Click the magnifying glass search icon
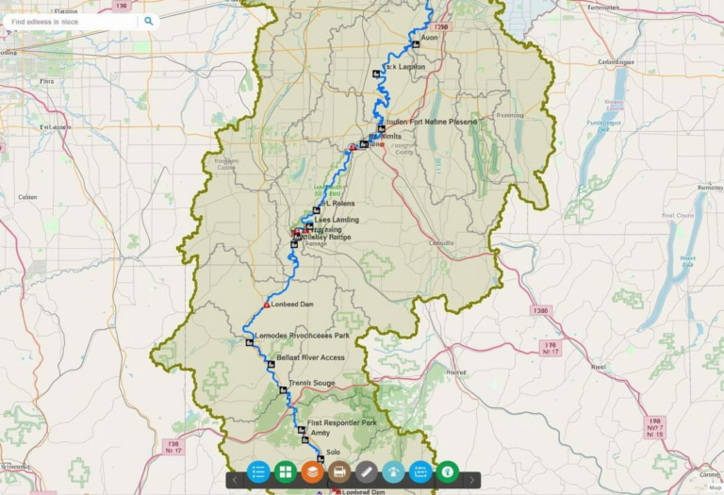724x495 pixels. coord(148,20)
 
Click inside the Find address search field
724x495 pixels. coord(71,21)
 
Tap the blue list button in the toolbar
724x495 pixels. coord(257,471)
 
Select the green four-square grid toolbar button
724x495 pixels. coord(286,471)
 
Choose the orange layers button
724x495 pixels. coord(313,471)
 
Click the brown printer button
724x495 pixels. coord(339,471)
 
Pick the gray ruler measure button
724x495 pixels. coord(367,471)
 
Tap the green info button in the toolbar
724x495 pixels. coord(448,471)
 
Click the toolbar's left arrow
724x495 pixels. coord(235,480)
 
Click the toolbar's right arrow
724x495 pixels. coord(471,480)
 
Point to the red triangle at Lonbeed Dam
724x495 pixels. coord(267,305)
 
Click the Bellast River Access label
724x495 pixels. coord(310,358)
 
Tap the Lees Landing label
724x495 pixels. coord(330,220)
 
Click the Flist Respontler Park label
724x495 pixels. coord(342,422)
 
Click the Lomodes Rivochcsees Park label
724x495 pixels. coord(302,336)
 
